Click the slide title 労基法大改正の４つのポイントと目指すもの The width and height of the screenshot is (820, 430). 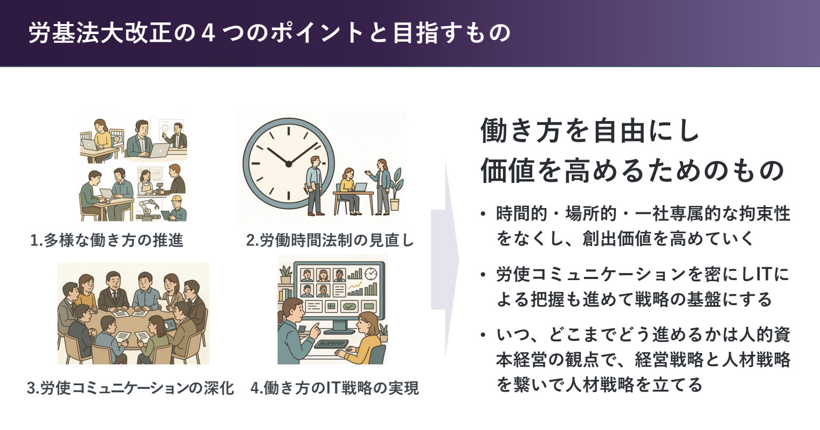point(270,33)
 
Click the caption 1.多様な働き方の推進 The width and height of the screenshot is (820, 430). point(107,241)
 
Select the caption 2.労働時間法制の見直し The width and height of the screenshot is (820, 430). point(330,241)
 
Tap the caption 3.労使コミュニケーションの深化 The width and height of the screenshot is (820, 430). point(131,388)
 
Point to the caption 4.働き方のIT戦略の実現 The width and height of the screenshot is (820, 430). point(335,388)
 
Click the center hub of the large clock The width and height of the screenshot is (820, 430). point(288,164)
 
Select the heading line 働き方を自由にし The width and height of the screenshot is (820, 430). point(590,130)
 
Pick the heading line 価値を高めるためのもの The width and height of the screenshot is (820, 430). point(632,171)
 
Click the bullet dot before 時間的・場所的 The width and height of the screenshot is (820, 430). point(484,214)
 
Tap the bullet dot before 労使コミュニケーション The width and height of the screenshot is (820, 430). point(484,275)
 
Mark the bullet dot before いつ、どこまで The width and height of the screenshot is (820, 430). point(484,335)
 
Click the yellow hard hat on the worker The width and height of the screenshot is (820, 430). point(177,199)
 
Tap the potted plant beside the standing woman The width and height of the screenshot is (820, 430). point(395,189)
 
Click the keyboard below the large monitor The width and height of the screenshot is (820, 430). point(331,344)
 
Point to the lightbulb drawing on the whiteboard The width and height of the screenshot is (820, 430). point(165,129)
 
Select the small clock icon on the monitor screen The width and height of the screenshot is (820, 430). point(371,274)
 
